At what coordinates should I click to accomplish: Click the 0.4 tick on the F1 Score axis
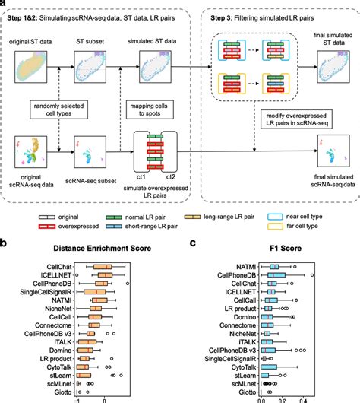tap(302, 401)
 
